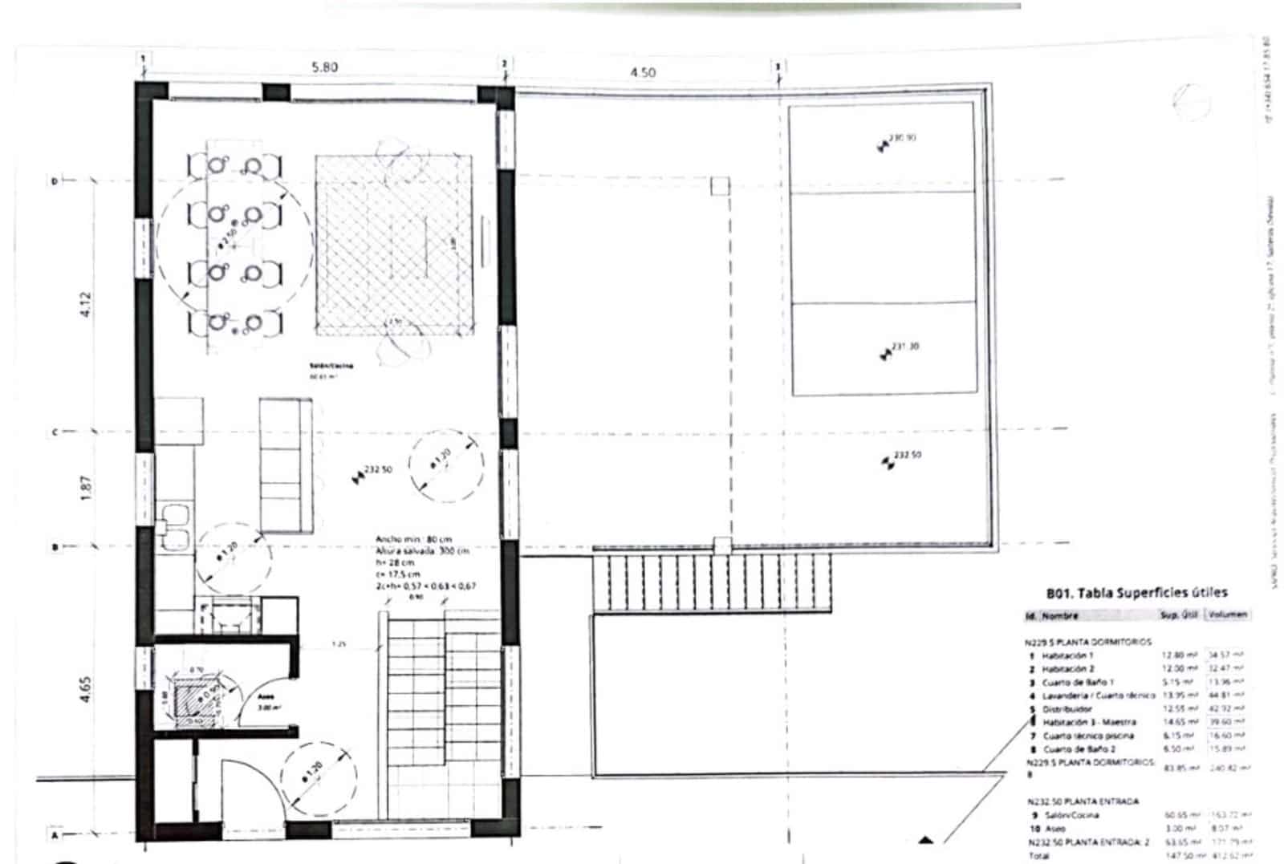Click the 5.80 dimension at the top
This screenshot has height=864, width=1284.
pyautogui.click(x=324, y=67)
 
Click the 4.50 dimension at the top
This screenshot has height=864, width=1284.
pyautogui.click(x=642, y=72)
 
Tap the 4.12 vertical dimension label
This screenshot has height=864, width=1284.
pyautogui.click(x=87, y=305)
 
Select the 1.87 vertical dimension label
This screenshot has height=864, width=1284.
pyautogui.click(x=87, y=488)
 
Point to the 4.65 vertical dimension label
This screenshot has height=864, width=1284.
pyautogui.click(x=87, y=690)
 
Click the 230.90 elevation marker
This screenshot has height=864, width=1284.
pyautogui.click(x=902, y=138)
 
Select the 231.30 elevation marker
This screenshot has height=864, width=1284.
pyautogui.click(x=904, y=347)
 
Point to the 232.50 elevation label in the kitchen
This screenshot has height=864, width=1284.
pyautogui.click(x=378, y=469)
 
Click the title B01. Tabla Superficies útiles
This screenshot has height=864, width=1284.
pyautogui.click(x=1136, y=593)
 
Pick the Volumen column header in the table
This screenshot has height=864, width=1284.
pyautogui.click(x=1228, y=615)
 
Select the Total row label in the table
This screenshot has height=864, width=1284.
pyautogui.click(x=1039, y=856)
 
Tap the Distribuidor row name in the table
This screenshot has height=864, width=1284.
pyautogui.click(x=1067, y=709)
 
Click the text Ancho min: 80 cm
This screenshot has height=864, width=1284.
pyautogui.click(x=413, y=539)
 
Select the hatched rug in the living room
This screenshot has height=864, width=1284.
pyautogui.click(x=392, y=245)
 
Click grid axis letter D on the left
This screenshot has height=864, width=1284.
pyautogui.click(x=55, y=182)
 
